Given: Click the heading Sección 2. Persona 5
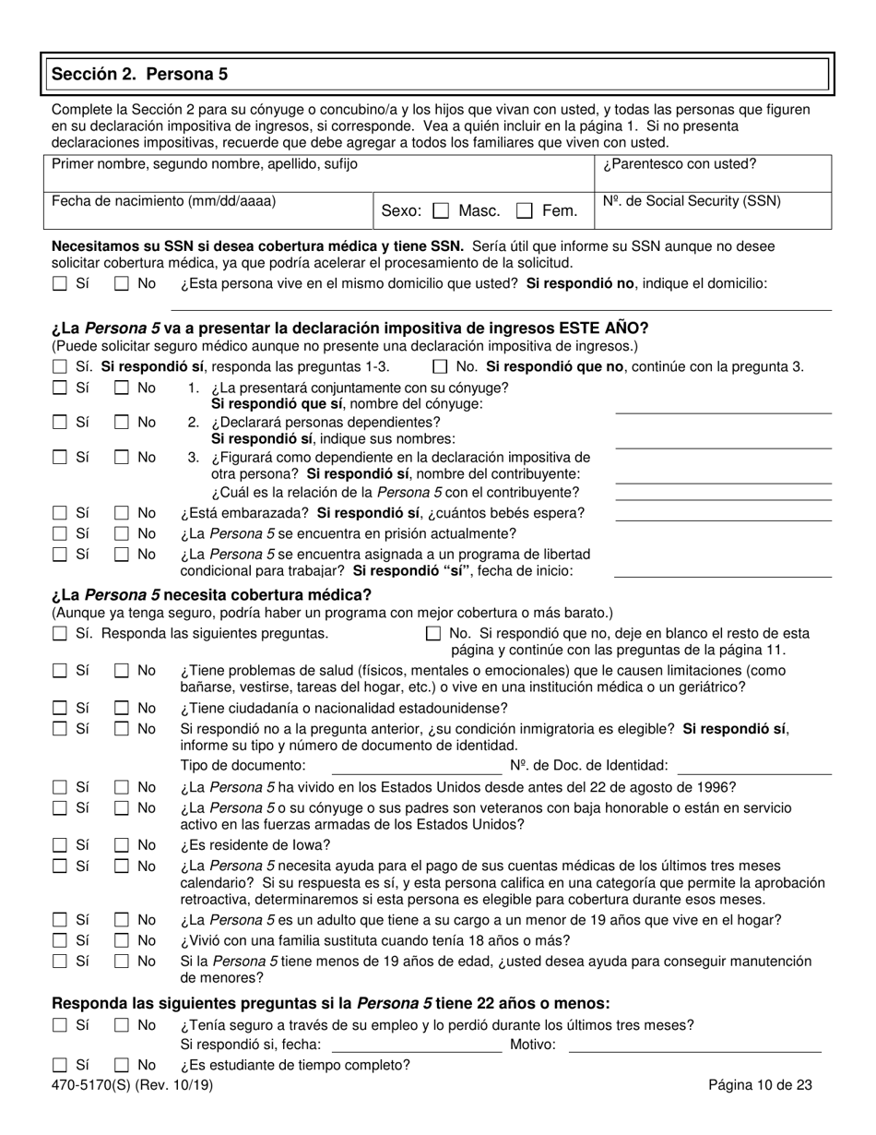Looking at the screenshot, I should (139, 74).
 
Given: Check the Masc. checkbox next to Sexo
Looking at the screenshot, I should (441, 211).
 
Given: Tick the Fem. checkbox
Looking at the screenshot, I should (525, 211).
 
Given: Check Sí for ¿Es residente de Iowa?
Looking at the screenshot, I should (60, 845).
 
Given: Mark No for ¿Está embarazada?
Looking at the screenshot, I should (122, 514).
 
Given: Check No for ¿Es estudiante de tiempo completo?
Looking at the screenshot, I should (122, 1066).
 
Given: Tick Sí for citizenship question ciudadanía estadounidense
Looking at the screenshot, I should (60, 709).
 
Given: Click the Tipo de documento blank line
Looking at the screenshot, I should (416, 766).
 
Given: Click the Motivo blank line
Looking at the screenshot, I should (695, 1045).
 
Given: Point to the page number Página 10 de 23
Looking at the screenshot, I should (760, 1086).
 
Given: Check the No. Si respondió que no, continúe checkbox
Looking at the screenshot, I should (440, 367).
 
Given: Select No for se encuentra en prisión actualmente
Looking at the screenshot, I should (122, 534).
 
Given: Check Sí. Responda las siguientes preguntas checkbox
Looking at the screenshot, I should (60, 634).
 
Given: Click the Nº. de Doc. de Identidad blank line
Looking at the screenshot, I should (754, 766).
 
